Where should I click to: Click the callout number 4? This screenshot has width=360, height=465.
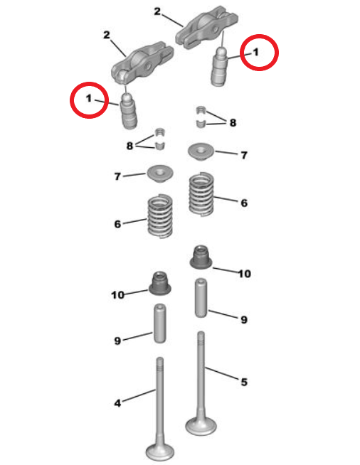coord(117,403)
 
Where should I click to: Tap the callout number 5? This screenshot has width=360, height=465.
coord(244,382)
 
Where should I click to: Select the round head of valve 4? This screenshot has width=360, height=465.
coord(160,451)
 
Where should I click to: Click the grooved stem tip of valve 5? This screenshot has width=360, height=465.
coord(201,341)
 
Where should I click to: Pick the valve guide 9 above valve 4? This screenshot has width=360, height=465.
coord(159,322)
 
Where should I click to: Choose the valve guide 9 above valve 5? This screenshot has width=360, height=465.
coord(202,298)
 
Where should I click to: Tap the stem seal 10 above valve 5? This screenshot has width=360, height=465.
coord(201,257)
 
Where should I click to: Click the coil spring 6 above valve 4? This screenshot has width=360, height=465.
coord(160,217)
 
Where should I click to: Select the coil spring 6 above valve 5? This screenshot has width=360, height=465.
coord(202,193)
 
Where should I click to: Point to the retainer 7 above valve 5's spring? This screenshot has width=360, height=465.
coord(201,151)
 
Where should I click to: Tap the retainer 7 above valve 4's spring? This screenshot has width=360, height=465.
coord(160,172)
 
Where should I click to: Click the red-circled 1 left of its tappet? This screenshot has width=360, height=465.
coord(89,100)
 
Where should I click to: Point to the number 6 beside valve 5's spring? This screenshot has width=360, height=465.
coord(243,203)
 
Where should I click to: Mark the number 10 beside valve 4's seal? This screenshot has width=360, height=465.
coord(117,294)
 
